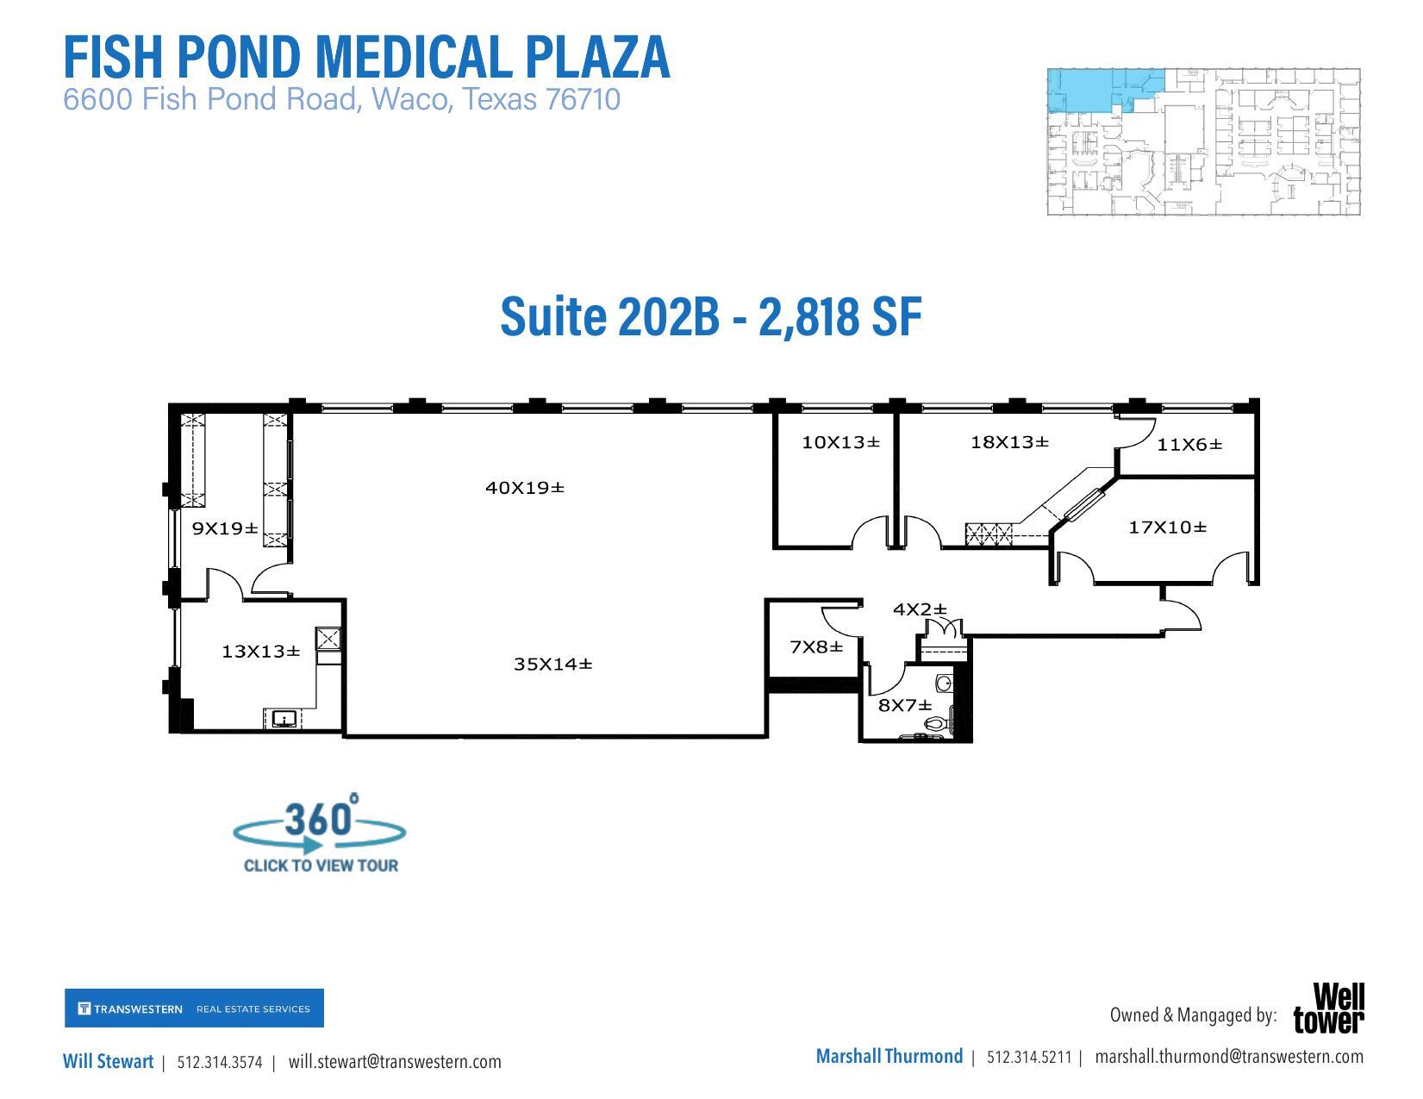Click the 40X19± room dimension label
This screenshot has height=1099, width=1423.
[524, 488]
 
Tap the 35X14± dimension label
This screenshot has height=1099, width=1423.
[552, 665]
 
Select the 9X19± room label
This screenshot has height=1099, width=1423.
[224, 528]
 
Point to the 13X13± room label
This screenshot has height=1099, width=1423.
[260, 652]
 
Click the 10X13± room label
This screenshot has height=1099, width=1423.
[840, 442]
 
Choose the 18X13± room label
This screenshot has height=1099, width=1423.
[1009, 442]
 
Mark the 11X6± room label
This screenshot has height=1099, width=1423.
[1189, 445]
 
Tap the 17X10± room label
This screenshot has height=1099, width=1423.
[1167, 527]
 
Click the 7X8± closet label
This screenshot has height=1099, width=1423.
[816, 646]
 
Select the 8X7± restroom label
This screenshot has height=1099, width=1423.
[904, 705]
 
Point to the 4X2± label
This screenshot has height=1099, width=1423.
[919, 609]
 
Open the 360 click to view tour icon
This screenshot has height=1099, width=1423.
[320, 835]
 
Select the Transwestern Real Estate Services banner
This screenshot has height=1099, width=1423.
[194, 1008]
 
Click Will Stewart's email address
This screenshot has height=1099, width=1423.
[394, 1062]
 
